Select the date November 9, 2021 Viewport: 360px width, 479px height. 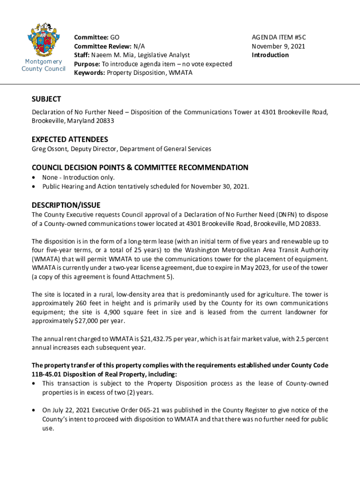click(x=278, y=46)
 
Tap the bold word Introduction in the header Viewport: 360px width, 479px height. click(x=270, y=55)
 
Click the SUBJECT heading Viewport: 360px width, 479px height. click(x=46, y=99)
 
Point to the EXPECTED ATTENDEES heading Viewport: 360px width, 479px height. click(x=70, y=139)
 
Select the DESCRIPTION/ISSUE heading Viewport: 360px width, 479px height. click(x=66, y=205)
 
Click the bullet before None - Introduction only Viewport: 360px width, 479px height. click(x=34, y=178)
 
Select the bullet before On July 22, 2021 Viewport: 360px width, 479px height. click(x=34, y=410)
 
